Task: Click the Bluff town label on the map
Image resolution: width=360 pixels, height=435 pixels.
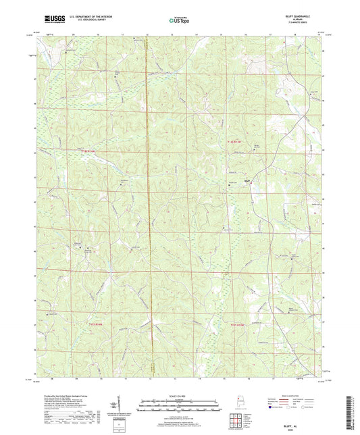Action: click(247, 180)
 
